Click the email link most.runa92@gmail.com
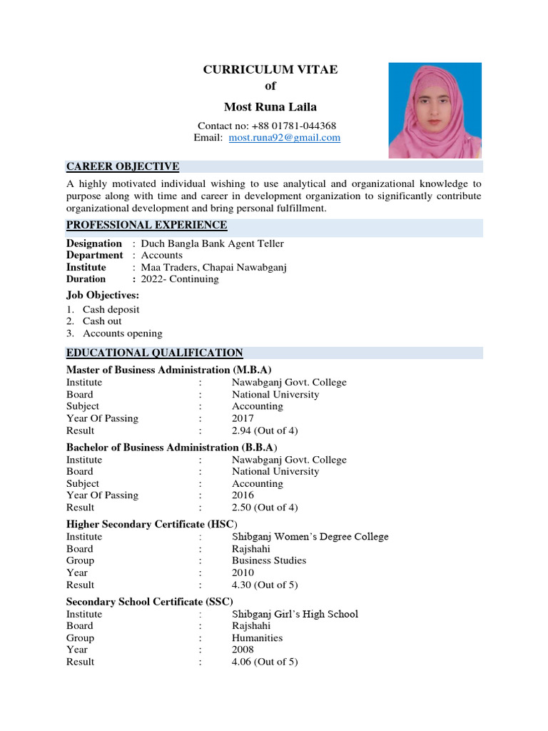pyautogui.click(x=284, y=138)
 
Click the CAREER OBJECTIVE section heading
pyautogui.click(x=123, y=167)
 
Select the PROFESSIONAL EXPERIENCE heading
pyautogui.click(x=147, y=226)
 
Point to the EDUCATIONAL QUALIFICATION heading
pyautogui.click(x=155, y=353)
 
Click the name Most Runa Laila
pyautogui.click(x=270, y=107)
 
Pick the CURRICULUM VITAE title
pyautogui.click(x=270, y=69)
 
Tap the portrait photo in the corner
pyautogui.click(x=435, y=110)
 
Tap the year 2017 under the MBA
pyautogui.click(x=243, y=418)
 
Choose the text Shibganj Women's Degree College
pyautogui.click(x=310, y=537)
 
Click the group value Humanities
pyautogui.click(x=257, y=638)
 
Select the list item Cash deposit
pyautogui.click(x=111, y=310)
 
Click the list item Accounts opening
pyautogui.click(x=123, y=333)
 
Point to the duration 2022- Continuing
pyautogui.click(x=180, y=279)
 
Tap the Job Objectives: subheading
pyautogui.click(x=103, y=295)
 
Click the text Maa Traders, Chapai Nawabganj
pyautogui.click(x=214, y=268)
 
